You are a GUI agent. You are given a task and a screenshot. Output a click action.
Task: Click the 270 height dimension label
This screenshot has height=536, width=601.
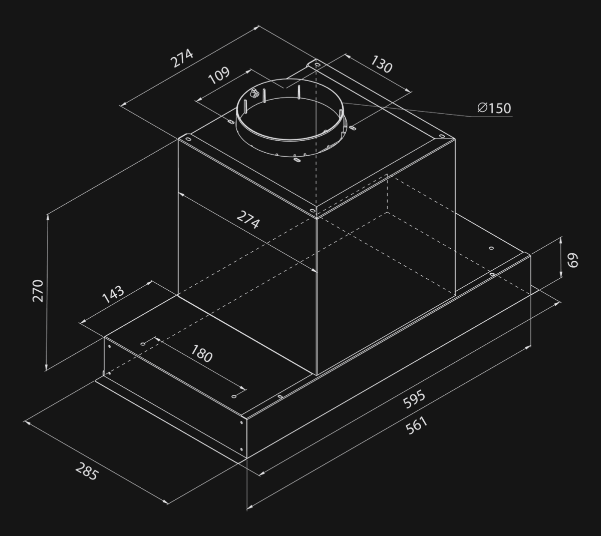[38, 291]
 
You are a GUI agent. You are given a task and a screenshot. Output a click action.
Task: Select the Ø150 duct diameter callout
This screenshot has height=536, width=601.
[494, 108]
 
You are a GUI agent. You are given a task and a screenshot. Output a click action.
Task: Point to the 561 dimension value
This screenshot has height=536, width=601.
[417, 426]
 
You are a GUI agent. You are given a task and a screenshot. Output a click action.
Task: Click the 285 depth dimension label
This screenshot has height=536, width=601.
[86, 471]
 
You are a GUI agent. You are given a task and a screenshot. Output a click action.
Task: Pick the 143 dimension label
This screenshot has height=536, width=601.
[113, 294]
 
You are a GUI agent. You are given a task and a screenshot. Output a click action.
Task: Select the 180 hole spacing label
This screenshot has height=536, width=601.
[202, 353]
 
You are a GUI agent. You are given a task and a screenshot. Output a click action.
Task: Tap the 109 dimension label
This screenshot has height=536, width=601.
[219, 76]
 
